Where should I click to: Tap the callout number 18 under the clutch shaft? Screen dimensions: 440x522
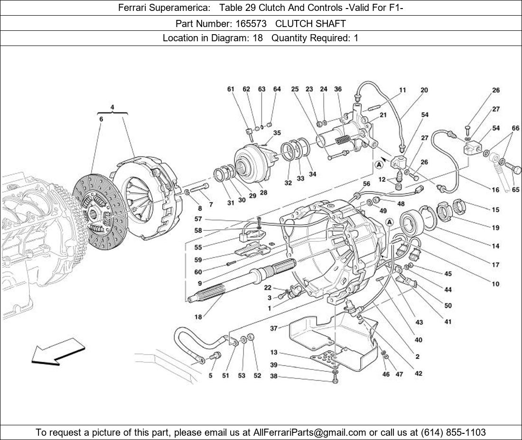coord(198,317)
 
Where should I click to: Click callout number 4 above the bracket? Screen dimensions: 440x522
coord(112,107)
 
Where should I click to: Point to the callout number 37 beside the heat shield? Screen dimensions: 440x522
coord(274,328)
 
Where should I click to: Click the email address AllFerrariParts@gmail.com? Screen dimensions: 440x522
coord(310,432)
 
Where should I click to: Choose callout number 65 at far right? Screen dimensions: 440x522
coord(515,190)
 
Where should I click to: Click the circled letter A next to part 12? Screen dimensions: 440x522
coord(379,165)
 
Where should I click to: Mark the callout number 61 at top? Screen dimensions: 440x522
coord(231,89)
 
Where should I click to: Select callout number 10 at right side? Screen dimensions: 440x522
coord(495,284)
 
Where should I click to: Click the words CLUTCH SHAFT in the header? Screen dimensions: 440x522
coord(310,23)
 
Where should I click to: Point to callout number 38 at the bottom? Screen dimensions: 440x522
coord(274,377)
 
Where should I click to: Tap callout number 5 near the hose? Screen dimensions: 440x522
coord(210,376)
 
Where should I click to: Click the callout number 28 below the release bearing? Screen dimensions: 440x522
coord(263,192)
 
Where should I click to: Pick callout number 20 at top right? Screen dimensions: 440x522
coord(424,90)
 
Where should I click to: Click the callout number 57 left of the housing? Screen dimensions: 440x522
coord(198,219)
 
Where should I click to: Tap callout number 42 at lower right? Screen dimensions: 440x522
coord(418,373)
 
